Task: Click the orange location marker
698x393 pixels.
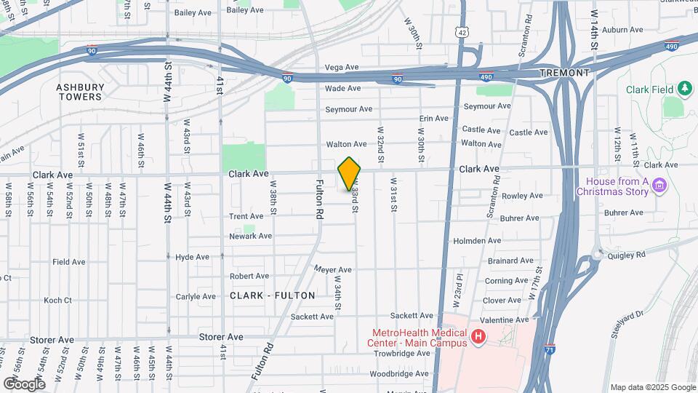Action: (x=349, y=174)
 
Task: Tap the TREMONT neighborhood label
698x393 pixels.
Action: (x=564, y=74)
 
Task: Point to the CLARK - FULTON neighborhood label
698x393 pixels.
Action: (x=273, y=295)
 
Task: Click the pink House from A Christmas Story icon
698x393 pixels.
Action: (x=660, y=186)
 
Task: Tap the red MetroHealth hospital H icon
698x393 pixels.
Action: (x=478, y=336)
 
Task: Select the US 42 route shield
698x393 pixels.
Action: (x=462, y=32)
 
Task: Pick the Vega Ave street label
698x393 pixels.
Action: (x=342, y=67)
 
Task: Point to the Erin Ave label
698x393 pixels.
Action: (x=434, y=119)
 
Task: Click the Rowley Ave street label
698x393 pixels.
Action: (x=518, y=196)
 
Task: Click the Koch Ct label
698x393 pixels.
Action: (x=57, y=300)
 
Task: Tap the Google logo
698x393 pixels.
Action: (x=24, y=384)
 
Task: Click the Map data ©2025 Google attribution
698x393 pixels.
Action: (x=652, y=387)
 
